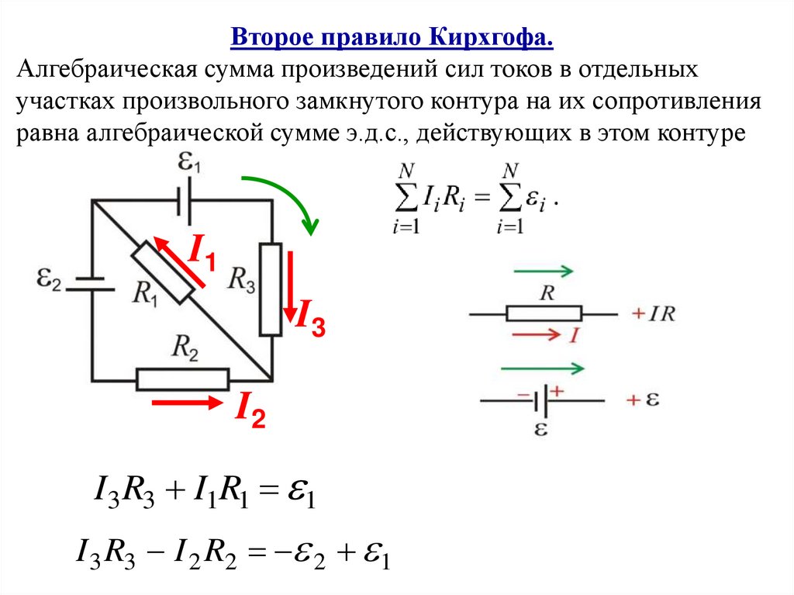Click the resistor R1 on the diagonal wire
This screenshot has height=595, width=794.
[x=162, y=272]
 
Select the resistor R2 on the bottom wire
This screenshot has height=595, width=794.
[x=183, y=379]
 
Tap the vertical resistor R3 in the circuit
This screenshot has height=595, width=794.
[x=270, y=289]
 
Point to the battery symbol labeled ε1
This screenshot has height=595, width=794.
[x=185, y=201]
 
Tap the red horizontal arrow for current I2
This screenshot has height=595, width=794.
[x=185, y=403]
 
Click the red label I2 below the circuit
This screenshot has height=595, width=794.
[x=250, y=410]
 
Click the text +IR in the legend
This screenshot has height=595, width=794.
[x=653, y=314]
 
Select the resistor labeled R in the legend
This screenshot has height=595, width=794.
[x=544, y=313]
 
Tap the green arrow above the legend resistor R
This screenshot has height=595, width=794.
[x=543, y=272]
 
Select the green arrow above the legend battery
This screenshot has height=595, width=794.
[x=543, y=368]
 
